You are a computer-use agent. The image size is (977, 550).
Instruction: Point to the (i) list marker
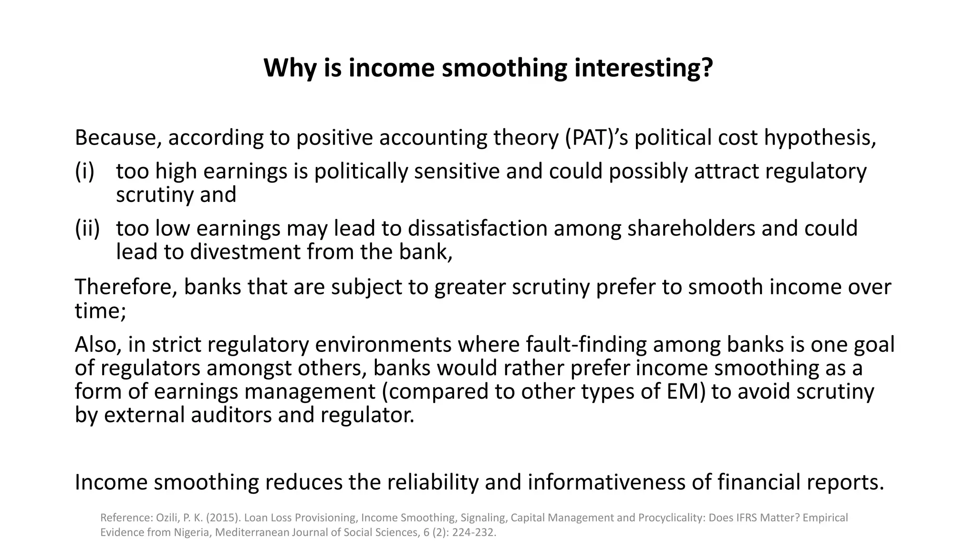click(85, 171)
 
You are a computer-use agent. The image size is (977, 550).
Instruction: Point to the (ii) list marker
click(87, 228)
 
